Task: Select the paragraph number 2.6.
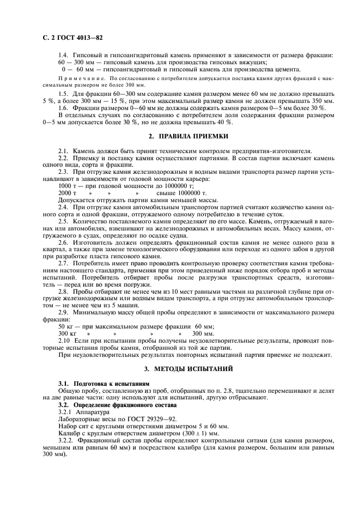(x=63, y=241)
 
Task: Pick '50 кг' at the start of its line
(x=66, y=326)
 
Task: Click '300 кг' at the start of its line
(x=67, y=333)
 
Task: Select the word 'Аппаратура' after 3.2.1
(x=96, y=413)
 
